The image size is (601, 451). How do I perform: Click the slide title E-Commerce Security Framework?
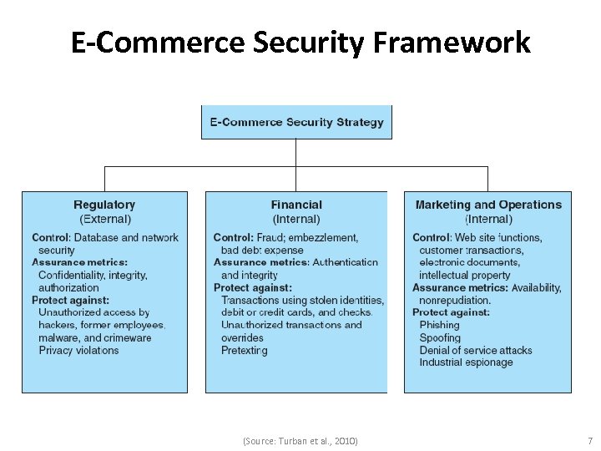(300, 42)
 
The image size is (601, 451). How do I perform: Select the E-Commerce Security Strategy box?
(296, 122)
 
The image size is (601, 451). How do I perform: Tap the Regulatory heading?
(104, 205)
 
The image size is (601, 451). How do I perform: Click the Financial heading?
(296, 205)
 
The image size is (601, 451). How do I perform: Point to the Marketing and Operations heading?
(488, 205)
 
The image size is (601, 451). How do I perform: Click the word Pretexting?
(245, 351)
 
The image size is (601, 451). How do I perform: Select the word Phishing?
(439, 325)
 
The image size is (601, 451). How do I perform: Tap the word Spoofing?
(440, 338)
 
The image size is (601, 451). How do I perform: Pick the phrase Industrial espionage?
(466, 362)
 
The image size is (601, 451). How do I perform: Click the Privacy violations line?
(78, 351)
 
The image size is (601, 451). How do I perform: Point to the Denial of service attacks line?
(475, 351)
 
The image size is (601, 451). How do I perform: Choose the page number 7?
(589, 440)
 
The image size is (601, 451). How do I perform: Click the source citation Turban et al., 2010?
(300, 440)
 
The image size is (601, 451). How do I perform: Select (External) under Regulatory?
(105, 219)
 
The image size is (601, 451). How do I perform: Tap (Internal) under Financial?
(296, 219)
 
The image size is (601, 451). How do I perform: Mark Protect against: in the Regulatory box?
(71, 300)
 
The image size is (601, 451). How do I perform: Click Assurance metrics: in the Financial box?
(261, 262)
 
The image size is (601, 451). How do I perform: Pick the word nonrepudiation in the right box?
(454, 300)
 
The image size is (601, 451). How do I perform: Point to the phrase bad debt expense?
(262, 250)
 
